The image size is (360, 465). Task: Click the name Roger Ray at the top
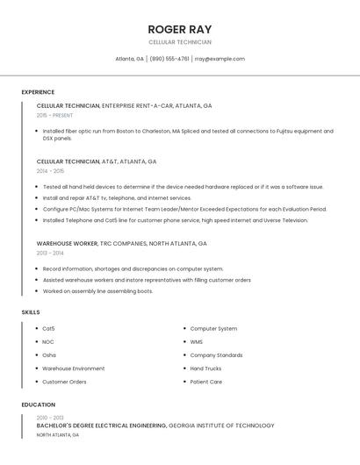point(180,29)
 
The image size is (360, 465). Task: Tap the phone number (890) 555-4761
point(169,59)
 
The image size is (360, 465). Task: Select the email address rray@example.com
point(220,59)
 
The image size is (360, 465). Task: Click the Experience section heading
point(38,92)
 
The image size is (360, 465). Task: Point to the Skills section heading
point(30,311)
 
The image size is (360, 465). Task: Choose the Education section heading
point(39,404)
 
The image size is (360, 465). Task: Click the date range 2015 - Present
point(54,115)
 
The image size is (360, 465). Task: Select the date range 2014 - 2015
point(50,171)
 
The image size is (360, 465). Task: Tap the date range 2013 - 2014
point(50,253)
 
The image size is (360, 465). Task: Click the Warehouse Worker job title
point(67,243)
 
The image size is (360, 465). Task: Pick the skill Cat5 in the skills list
point(48,328)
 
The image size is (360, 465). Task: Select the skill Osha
point(49,355)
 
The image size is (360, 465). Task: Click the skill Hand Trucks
point(205,368)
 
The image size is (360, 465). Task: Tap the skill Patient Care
point(206,382)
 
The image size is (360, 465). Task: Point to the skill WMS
point(197,341)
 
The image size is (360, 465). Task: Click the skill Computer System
point(213,328)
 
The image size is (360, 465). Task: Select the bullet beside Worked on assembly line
point(37,290)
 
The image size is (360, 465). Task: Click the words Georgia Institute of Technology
point(221,426)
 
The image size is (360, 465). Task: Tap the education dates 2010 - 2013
point(50,418)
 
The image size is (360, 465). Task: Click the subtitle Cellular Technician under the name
point(180,42)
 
